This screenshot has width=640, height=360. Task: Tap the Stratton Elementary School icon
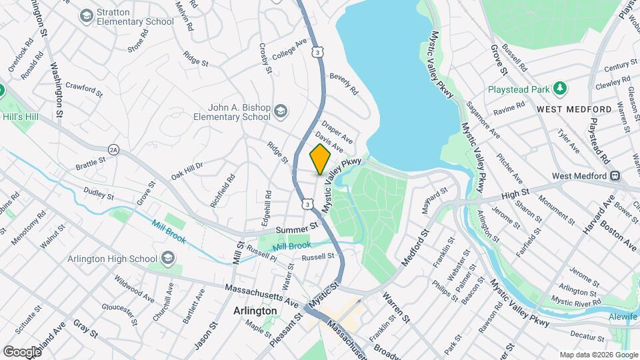87,15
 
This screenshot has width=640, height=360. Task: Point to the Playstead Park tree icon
561,88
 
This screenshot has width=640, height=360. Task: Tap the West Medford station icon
615,177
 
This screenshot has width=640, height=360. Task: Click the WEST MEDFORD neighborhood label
574,109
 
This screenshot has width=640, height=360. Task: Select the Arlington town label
255,311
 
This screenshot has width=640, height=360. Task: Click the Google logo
21,351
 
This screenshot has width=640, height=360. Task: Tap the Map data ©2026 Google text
598,355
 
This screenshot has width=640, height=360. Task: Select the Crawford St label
83,89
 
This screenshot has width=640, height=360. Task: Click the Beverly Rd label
344,83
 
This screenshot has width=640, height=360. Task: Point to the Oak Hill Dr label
187,171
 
